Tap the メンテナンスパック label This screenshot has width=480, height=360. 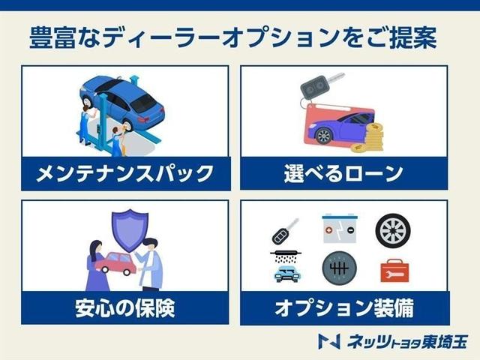tap(124, 174)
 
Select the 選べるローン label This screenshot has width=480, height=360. tap(344, 174)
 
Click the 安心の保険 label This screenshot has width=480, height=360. tap(124, 307)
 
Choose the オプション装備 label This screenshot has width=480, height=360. tap(344, 307)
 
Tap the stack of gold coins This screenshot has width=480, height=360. tap(373, 137)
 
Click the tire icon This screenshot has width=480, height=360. tap(392, 230)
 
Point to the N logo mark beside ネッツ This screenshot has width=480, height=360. tap(328, 342)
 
